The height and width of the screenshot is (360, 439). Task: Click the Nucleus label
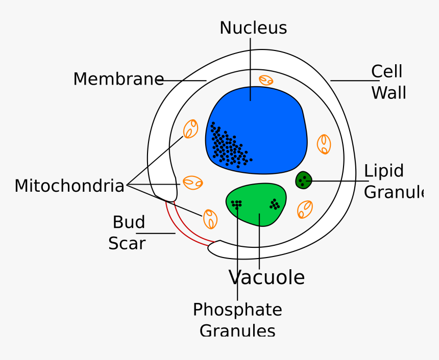coord(253,28)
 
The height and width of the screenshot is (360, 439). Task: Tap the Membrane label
coord(118,80)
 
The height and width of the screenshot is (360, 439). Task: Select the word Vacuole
coord(266,278)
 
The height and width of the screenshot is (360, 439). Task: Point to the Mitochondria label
coord(69,186)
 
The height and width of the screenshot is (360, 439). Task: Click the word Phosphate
coord(237,310)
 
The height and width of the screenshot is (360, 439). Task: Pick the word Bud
coord(129,222)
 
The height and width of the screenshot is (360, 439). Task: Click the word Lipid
coord(384,171)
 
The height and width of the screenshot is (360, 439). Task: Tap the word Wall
coord(388,93)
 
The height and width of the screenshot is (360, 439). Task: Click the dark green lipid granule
coord(304,180)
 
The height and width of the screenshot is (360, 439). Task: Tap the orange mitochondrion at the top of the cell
coord(266,80)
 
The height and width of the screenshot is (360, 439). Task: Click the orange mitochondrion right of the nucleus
coord(324,144)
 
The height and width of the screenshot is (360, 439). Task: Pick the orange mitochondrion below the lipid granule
coord(305,209)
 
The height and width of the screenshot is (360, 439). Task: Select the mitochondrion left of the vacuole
coord(210,219)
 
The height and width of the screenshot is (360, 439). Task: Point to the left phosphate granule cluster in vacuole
coord(236,204)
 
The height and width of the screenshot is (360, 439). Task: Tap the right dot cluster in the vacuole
coord(275,204)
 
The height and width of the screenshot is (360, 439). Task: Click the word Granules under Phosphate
coord(237,330)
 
